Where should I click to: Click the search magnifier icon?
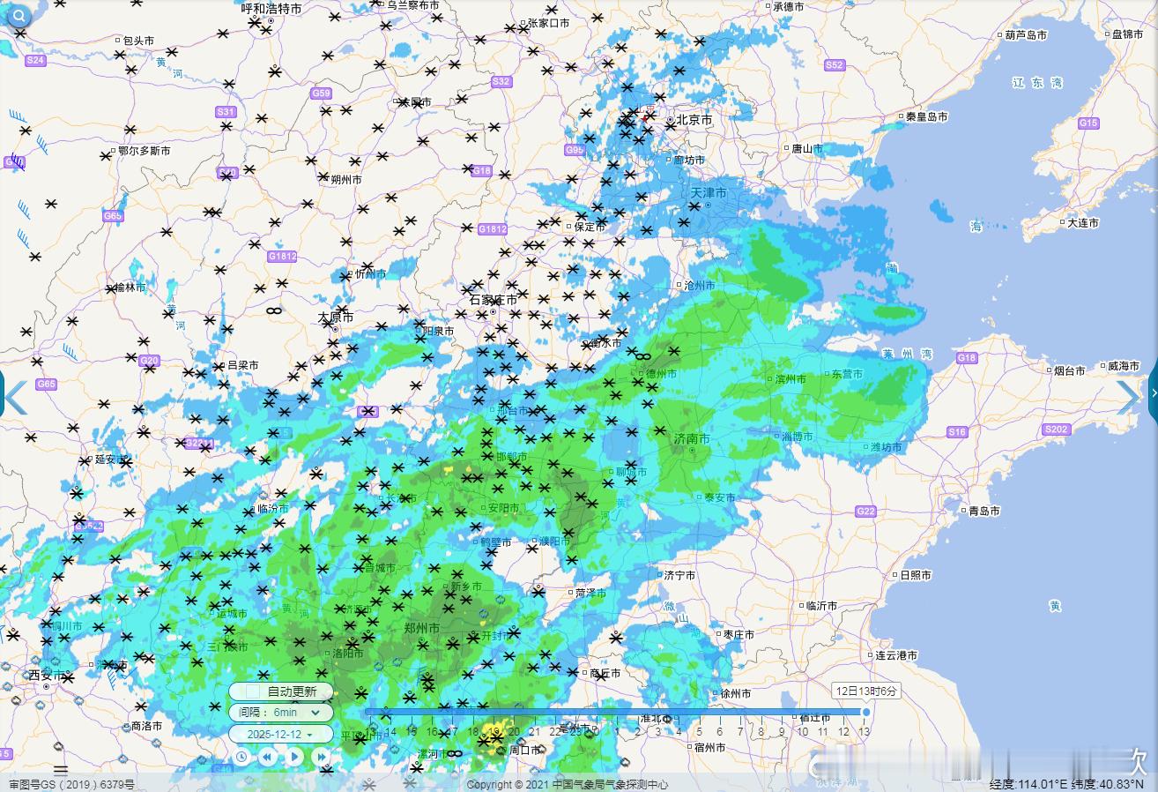point(18,15)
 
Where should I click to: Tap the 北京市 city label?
point(694,119)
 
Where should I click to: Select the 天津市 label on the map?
point(709,192)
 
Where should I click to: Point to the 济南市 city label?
point(692,438)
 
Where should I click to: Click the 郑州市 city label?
point(421,628)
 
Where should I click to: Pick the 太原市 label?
point(335,317)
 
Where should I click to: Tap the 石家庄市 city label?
point(493,300)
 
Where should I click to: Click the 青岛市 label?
point(984,511)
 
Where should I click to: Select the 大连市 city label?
point(1082,223)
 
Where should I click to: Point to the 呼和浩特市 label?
point(271,8)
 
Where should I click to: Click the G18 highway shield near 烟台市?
point(967,358)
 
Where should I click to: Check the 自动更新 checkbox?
point(254,691)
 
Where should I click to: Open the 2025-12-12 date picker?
point(281,734)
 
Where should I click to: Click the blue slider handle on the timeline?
point(865,712)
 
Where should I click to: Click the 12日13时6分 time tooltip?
point(865,691)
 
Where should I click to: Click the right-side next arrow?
point(1128,397)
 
